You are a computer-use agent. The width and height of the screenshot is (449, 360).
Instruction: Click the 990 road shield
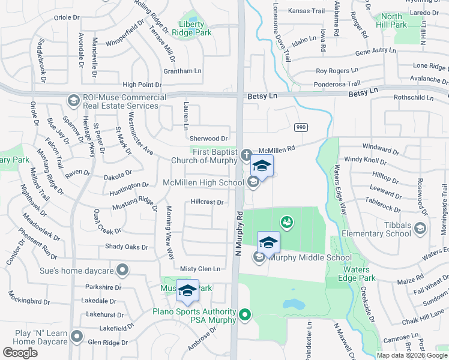tap(301, 127)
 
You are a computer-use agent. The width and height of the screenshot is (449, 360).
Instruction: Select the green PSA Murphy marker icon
tap(245, 314)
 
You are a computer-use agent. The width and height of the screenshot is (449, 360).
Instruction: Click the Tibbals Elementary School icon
tap(420, 228)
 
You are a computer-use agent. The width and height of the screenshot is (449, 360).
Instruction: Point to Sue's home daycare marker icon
tap(123, 270)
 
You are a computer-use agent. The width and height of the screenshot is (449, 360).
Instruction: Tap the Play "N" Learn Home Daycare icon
tap(76, 337)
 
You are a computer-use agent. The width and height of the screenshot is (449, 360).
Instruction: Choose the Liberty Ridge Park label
tap(192, 29)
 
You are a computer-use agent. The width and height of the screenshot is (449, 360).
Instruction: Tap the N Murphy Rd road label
tap(238, 234)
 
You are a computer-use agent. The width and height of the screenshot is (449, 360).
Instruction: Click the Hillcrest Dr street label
tap(207, 202)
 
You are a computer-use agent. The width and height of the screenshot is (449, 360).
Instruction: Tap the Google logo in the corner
tap(20, 353)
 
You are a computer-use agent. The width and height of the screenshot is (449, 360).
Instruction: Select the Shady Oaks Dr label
tap(126, 247)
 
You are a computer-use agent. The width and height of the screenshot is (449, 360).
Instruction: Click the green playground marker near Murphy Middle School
tap(287, 223)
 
